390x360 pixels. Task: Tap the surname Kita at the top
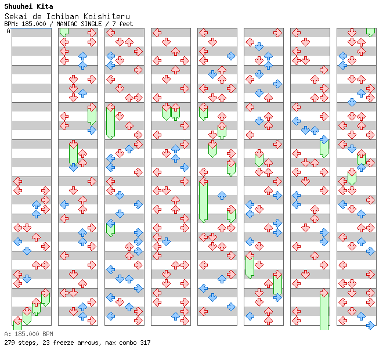(45, 6)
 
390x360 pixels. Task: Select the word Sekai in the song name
(15, 17)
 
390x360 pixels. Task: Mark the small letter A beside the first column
(8, 31)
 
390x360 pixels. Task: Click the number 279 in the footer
(10, 343)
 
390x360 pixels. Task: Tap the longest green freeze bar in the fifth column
(203, 200)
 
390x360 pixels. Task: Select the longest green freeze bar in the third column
(110, 121)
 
